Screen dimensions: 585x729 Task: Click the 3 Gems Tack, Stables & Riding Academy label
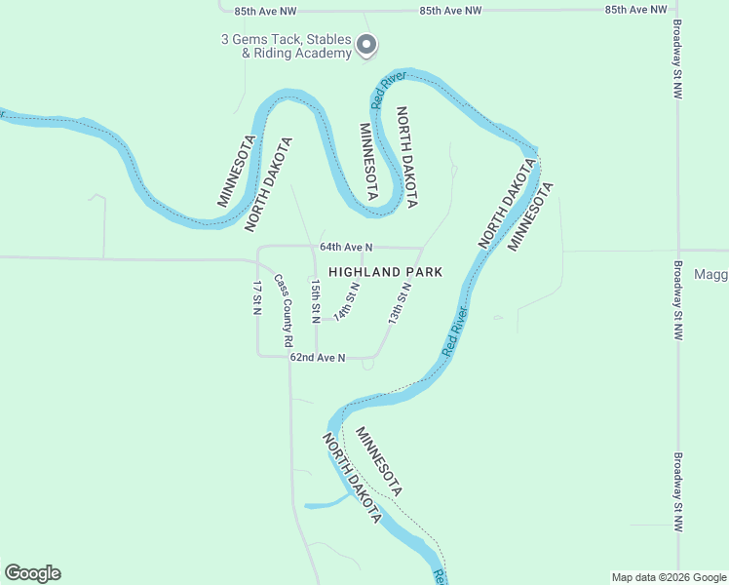pos(286,46)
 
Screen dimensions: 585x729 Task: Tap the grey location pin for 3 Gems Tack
pos(366,45)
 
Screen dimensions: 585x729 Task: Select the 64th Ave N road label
pos(346,249)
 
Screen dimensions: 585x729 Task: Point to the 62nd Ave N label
pos(318,358)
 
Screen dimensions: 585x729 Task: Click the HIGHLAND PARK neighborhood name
pos(386,272)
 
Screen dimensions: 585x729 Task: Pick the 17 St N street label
pos(257,298)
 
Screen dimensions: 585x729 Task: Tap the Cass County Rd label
pos(283,310)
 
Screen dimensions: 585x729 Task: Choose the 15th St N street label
pos(315,301)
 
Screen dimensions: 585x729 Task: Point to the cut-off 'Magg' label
pos(710,275)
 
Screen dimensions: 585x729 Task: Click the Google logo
pos(32,573)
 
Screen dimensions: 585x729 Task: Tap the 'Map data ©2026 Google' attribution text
pos(669,577)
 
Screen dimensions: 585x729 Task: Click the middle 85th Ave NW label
pos(451,10)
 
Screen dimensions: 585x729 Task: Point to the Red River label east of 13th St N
pos(455,331)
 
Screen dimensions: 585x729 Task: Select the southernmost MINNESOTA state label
pos(379,460)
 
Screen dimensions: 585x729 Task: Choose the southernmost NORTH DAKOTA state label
pos(351,479)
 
